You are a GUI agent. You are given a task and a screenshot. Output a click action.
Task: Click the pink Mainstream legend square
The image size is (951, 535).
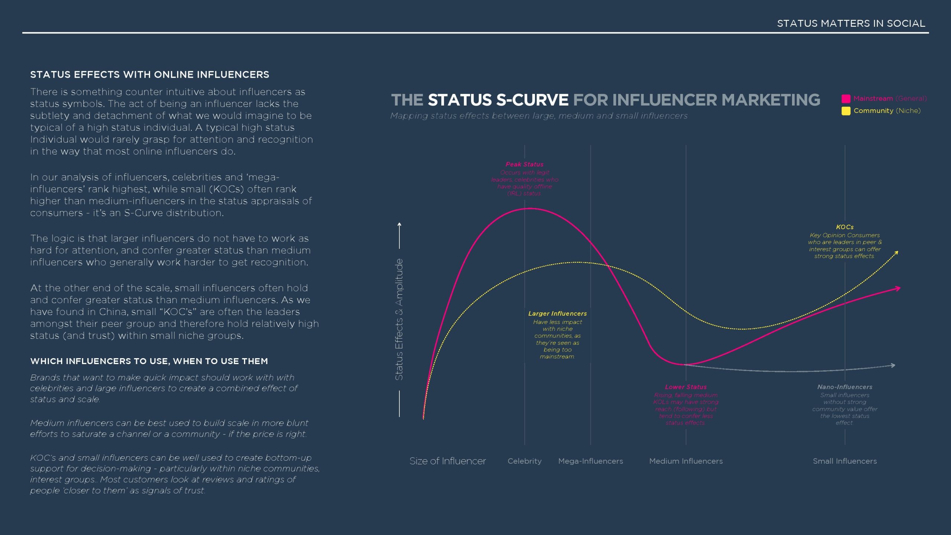click(846, 98)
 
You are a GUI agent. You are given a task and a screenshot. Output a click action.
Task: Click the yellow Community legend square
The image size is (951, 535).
click(846, 111)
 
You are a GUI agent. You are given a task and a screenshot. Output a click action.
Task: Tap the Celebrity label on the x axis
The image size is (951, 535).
click(525, 461)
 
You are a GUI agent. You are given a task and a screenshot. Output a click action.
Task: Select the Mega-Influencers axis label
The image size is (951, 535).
click(591, 461)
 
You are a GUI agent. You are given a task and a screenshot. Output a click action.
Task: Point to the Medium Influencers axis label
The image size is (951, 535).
click(686, 461)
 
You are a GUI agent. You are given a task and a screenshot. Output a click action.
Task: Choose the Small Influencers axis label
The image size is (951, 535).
click(845, 461)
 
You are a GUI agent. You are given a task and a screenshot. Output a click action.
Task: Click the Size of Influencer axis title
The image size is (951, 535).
click(448, 461)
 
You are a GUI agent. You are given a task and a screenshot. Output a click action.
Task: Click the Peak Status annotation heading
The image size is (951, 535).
click(525, 164)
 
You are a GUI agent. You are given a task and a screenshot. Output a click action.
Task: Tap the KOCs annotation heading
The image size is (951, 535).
click(845, 227)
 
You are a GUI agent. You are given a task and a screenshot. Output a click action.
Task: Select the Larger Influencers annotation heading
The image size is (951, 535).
click(558, 314)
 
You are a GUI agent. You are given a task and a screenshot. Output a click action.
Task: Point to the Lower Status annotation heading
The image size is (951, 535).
click(686, 387)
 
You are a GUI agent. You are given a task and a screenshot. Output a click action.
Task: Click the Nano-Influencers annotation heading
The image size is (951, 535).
click(845, 387)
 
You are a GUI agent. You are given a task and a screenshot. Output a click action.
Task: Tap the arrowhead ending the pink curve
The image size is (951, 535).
click(898, 288)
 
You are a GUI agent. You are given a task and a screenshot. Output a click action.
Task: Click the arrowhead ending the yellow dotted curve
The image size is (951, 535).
click(896, 253)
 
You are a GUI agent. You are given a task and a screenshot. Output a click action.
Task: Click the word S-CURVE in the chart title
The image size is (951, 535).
click(532, 100)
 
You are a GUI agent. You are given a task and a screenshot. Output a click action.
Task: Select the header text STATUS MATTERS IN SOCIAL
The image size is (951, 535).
click(851, 23)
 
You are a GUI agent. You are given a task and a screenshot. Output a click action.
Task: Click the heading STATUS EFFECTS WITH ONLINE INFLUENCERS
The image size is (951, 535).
click(150, 75)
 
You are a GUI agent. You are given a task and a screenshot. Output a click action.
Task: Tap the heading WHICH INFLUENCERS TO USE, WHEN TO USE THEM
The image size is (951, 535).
click(149, 361)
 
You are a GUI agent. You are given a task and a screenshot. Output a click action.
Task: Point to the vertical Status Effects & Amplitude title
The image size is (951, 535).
click(399, 320)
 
